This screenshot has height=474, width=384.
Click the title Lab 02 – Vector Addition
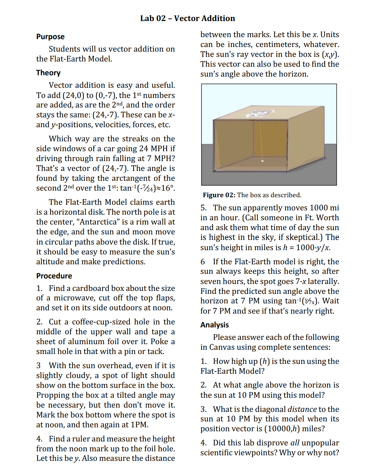point(187,18)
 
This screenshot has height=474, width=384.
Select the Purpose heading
point(50,37)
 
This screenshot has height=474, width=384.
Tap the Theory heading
point(48,73)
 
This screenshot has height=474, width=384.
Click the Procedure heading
point(54,276)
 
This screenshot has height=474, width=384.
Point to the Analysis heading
point(214,325)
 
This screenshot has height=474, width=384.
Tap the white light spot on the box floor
point(262,161)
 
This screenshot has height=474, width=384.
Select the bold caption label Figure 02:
point(219,195)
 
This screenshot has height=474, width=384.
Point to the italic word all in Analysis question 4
point(295,443)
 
